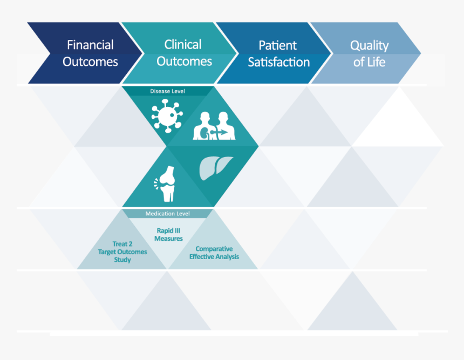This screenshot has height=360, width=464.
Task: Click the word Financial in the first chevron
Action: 90,45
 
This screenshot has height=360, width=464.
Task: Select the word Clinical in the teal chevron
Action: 183,45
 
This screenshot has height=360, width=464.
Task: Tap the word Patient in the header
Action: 277,45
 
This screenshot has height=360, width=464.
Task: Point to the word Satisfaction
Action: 279,62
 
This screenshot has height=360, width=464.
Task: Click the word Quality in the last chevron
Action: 369,46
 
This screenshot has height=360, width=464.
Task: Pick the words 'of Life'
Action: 369,62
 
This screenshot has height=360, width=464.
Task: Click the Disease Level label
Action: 167,91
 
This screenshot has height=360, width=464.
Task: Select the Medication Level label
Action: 167,213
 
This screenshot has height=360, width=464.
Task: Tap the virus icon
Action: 167,116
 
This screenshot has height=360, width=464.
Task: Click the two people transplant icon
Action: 214,126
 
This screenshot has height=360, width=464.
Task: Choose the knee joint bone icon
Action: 165,184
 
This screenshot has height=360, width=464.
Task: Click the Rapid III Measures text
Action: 168,234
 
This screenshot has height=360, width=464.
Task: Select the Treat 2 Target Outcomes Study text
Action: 122,252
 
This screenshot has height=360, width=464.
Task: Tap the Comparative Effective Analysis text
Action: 214,253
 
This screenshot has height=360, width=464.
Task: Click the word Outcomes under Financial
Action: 90,62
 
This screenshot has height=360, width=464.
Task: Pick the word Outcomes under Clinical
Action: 184,62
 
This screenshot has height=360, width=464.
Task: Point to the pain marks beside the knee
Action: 156,184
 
